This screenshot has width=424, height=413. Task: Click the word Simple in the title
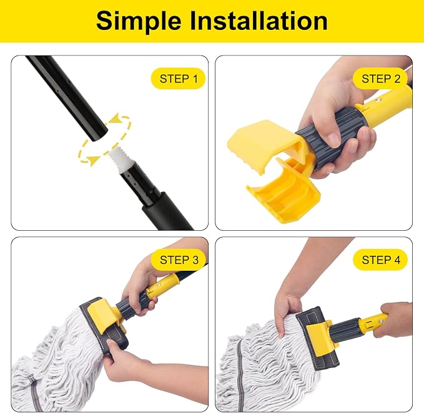139,22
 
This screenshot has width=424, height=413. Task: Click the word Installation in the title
259,21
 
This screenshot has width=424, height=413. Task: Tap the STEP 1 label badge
178,79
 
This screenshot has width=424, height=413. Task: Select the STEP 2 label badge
380,79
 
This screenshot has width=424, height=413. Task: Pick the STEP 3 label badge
178,260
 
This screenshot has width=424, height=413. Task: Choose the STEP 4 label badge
380,260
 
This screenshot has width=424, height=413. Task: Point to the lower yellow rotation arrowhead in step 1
93,161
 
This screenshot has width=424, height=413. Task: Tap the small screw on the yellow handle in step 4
381,321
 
